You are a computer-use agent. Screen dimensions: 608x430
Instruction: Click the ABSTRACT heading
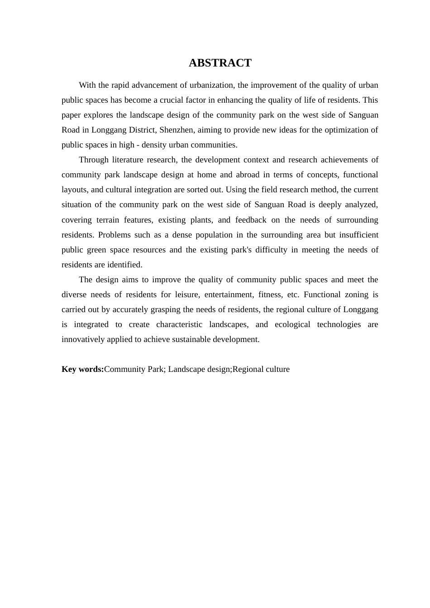click(x=220, y=63)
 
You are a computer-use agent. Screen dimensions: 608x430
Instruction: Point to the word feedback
click(x=251, y=220)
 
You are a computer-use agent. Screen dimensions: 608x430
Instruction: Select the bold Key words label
click(x=83, y=369)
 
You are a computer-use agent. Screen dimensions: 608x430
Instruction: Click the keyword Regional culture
click(x=261, y=369)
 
